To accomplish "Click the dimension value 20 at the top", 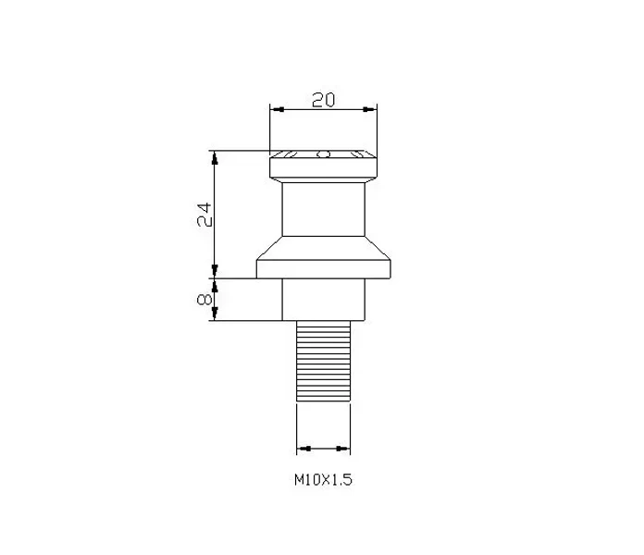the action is point(323,100).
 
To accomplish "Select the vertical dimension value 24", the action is point(204,215).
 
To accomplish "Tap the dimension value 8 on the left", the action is point(204,300).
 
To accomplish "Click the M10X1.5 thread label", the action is point(323,479).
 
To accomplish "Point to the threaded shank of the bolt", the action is point(323,361).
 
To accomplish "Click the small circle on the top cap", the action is point(324,154).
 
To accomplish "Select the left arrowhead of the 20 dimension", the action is point(278,109).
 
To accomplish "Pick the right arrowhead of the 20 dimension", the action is point(369,109).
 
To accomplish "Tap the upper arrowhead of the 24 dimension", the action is point(214,158).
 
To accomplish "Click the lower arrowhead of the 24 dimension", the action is point(214,271).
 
